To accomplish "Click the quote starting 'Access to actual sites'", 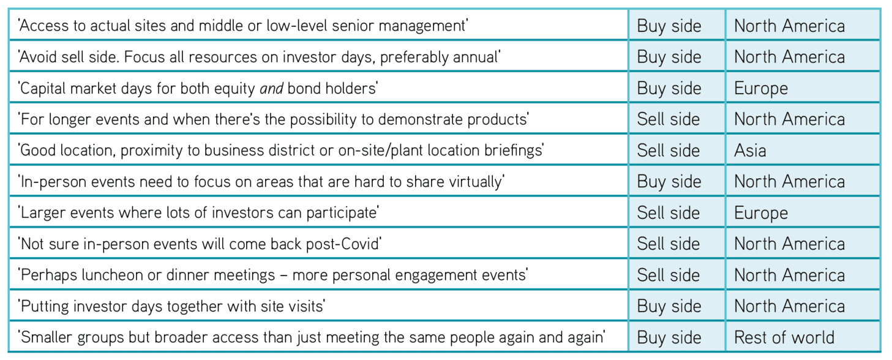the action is [243, 26].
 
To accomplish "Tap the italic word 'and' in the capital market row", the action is [272, 88].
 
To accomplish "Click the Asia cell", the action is [750, 151].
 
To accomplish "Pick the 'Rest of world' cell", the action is [784, 337].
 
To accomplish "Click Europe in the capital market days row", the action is [761, 88].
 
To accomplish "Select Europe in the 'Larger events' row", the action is [761, 213].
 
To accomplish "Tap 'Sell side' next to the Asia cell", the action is [668, 151].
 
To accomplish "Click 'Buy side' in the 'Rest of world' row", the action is [669, 338].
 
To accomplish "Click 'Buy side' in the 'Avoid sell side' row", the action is [669, 57].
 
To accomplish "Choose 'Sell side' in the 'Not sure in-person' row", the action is [668, 244].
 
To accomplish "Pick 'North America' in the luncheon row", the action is [789, 275].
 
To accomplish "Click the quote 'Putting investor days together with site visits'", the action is [171, 307].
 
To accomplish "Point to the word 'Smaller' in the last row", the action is [46, 337].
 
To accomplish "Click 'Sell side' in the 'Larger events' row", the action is [668, 213].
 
